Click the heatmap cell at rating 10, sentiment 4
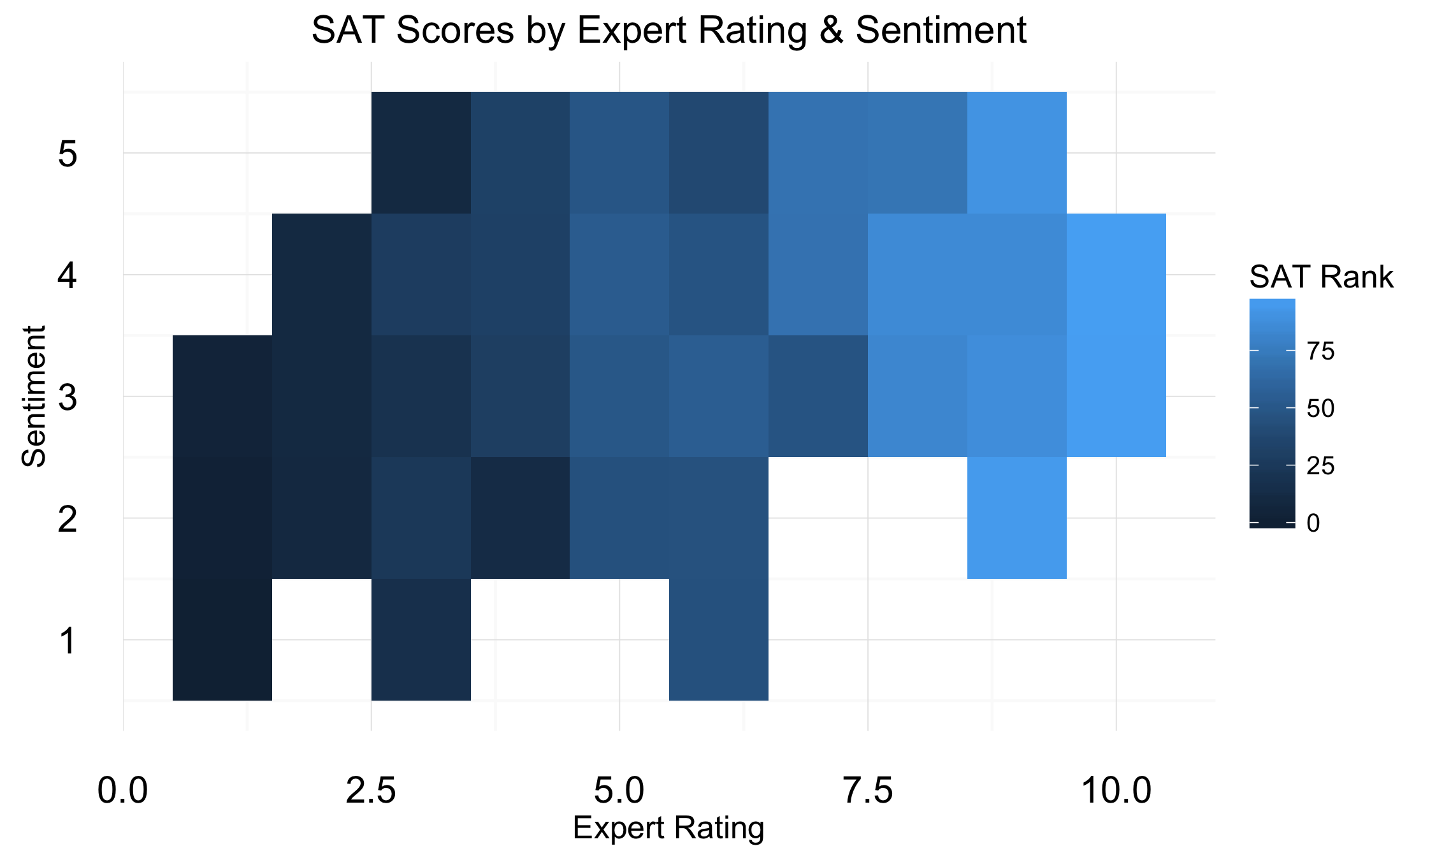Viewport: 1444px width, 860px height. click(x=1116, y=274)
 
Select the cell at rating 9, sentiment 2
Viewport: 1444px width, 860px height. click(x=1016, y=518)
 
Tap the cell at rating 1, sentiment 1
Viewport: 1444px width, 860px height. click(x=222, y=639)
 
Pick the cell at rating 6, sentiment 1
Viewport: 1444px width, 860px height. click(x=719, y=639)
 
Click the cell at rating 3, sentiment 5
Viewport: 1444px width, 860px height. click(x=421, y=152)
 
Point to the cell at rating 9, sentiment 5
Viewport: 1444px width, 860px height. click(x=1016, y=152)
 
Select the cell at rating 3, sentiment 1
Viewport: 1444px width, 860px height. click(x=421, y=639)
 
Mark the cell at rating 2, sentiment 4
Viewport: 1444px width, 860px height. click(x=322, y=274)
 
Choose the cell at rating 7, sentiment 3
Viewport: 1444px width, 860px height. click(x=818, y=396)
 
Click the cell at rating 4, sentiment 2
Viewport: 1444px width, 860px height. click(x=520, y=518)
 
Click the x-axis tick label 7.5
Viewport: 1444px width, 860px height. click(x=868, y=791)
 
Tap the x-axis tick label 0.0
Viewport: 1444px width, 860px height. click(x=122, y=791)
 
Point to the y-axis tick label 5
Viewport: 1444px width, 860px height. click(x=68, y=154)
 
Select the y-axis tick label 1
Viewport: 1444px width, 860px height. click(x=68, y=641)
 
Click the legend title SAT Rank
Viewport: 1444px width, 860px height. click(x=1320, y=277)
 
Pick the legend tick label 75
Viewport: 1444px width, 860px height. click(x=1320, y=351)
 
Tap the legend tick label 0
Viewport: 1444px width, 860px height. click(x=1313, y=523)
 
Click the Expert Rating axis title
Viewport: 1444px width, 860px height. click(x=668, y=828)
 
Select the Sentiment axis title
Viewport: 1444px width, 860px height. click(x=34, y=396)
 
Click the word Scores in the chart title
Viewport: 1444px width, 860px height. click(x=455, y=30)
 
